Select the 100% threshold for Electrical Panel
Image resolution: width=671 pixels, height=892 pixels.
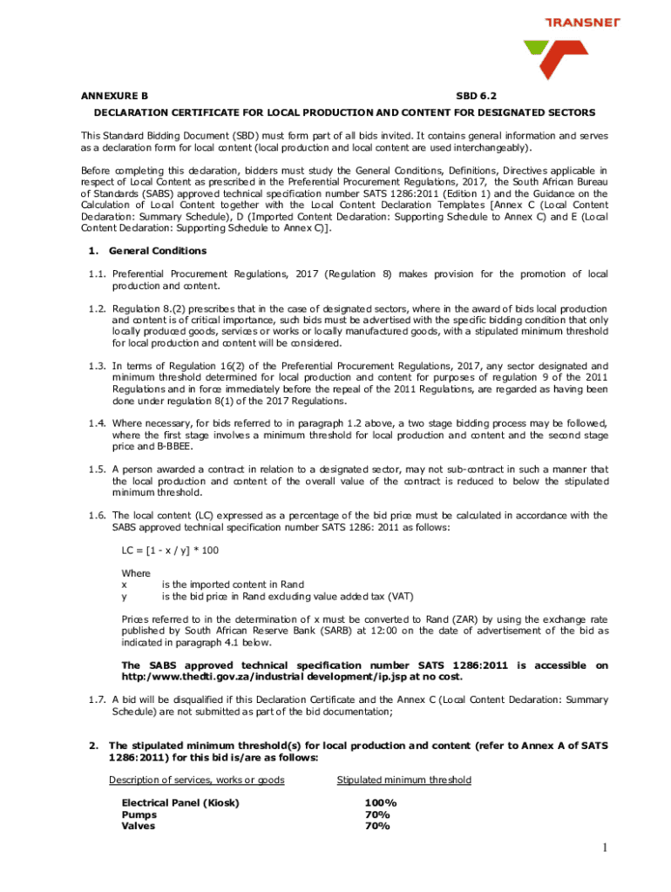[381, 802]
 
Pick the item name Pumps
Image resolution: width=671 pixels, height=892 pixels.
[139, 814]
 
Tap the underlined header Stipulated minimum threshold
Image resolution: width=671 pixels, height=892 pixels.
[403, 780]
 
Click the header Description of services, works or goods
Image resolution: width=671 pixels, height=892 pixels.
[196, 780]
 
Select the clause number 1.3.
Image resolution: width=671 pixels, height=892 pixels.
[97, 366]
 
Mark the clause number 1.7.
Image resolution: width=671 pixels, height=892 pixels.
[97, 700]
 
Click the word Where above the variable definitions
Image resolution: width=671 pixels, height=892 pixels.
[136, 573]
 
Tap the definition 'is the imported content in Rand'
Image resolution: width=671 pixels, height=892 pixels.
[233, 585]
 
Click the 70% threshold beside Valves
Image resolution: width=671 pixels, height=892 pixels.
[377, 826]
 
